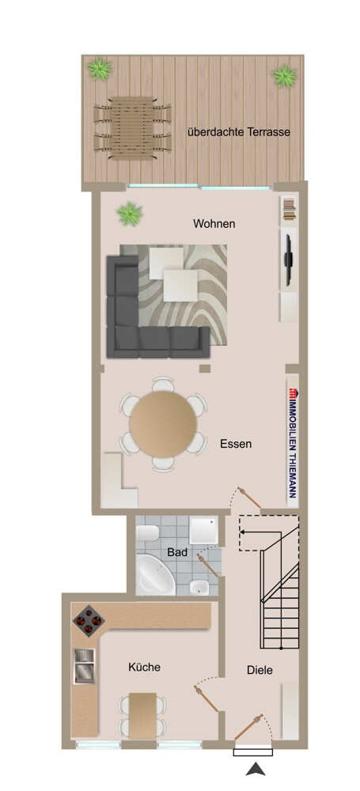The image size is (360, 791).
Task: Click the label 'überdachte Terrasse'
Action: pos(238,132)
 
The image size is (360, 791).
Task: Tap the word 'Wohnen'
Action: pos(214,224)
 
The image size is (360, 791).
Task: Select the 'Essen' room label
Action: pos(236,444)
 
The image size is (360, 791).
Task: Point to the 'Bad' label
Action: pos(177,552)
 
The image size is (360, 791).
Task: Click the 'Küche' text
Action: pos(144,667)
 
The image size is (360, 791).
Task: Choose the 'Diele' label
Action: pos(260,670)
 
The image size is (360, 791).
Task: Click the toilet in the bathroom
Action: pos(199,586)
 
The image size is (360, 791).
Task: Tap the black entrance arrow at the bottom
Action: pos(255,768)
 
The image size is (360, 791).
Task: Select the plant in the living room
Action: pos(128,213)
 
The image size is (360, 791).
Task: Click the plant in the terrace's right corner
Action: pos(284,75)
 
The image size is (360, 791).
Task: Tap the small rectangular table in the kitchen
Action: pos(142,713)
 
